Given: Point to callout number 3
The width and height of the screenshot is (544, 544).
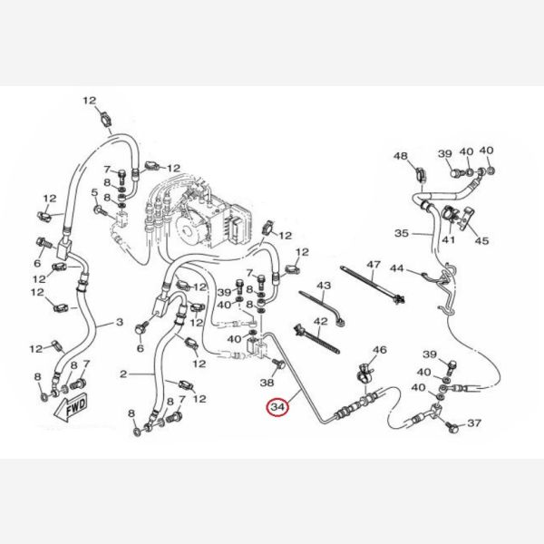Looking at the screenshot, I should point(118,322).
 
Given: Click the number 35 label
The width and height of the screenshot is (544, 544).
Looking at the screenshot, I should point(401,233).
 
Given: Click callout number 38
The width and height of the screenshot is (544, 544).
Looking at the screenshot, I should point(267,384).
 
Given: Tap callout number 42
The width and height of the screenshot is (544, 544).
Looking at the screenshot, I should point(320,323).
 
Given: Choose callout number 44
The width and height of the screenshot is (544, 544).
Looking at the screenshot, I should point(397,268).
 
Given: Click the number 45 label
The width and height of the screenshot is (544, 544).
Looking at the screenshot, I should point(481,240).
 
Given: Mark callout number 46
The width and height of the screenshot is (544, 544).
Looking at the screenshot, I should point(380,350).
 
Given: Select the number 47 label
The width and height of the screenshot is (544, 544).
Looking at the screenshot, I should point(373,264).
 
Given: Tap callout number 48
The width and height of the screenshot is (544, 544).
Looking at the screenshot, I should point(402,156).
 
